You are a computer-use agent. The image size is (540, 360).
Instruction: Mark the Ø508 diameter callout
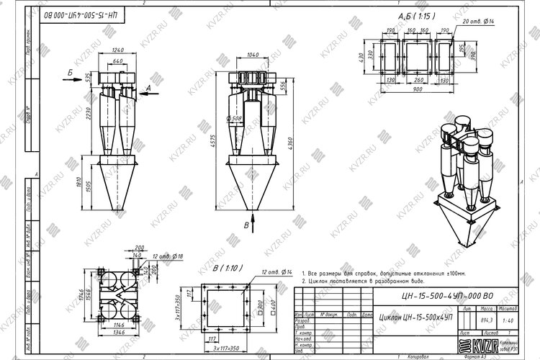(233, 118)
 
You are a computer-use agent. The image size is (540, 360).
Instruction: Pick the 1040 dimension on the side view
(252, 55)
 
